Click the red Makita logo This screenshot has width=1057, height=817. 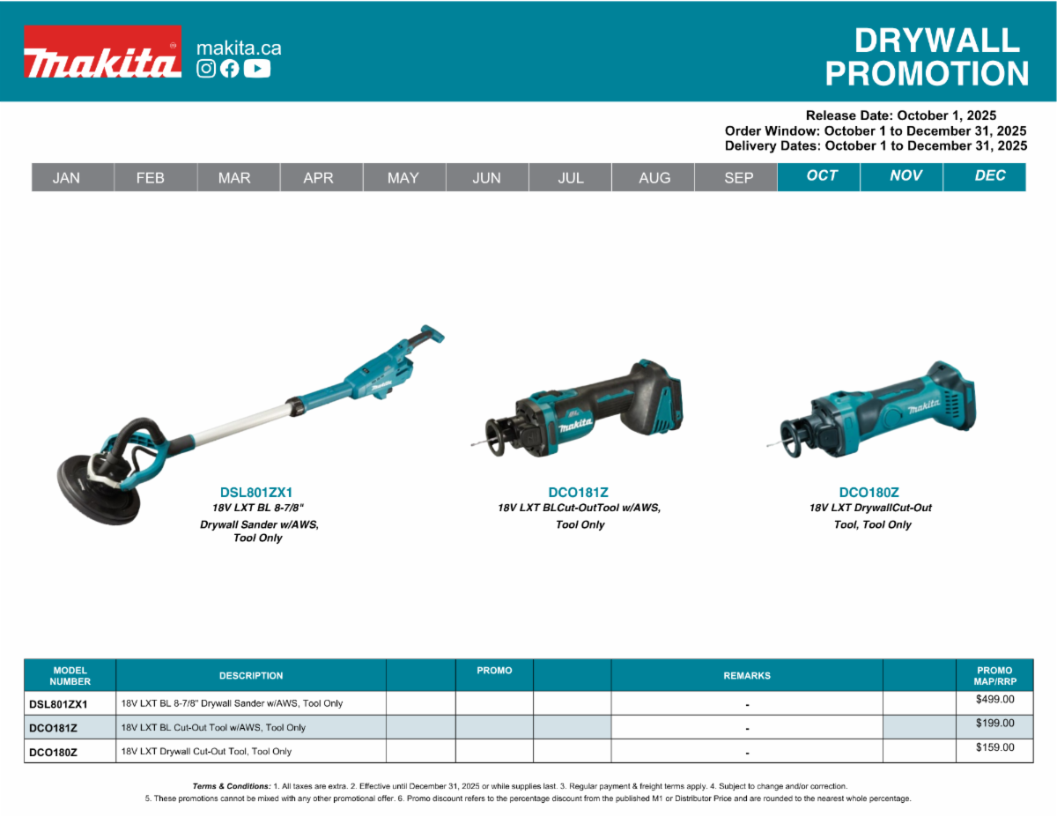coord(103,52)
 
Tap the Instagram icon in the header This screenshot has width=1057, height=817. coord(206,69)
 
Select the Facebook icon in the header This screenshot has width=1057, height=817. coord(230,69)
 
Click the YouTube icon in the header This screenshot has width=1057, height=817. coord(257,69)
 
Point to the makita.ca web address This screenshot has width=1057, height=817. coord(239,48)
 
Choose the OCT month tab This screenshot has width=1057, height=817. coord(818,176)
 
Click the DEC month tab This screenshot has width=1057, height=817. coord(985,176)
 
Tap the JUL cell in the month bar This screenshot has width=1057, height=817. coord(570,177)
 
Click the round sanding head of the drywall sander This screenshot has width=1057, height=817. coord(97,492)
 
